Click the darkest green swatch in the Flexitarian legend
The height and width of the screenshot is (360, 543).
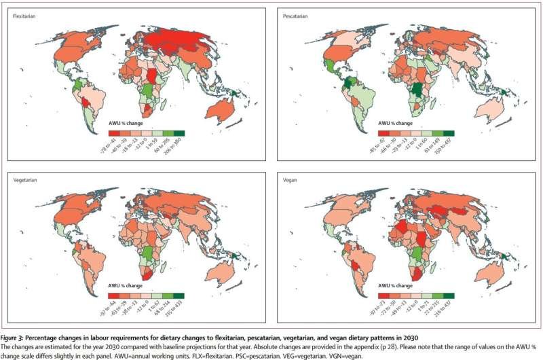[177, 134]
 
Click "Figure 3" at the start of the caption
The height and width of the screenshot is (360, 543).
[14, 337]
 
